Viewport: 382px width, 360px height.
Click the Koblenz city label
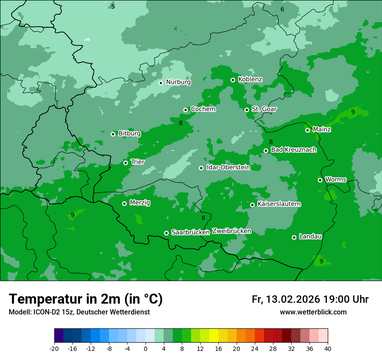pos(250,79)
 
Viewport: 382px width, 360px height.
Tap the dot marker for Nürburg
pos(161,82)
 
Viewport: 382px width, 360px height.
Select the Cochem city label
pos(203,109)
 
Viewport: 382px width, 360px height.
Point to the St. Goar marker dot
pos(247,110)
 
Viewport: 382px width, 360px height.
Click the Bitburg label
pos(129,134)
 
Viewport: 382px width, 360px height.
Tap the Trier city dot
pos(125,163)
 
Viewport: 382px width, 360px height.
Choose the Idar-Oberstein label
pos(228,167)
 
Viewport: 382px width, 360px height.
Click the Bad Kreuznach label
pos(293,150)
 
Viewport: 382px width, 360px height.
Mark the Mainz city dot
pos(307,130)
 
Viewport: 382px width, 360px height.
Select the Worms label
pos(336,180)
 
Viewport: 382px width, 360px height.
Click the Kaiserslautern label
pos(279,204)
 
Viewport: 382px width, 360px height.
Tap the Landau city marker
pos(294,237)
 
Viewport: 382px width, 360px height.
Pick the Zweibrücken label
pos(231,231)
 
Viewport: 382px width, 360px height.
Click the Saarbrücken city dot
pos(166,233)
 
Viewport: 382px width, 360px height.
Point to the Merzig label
pos(140,203)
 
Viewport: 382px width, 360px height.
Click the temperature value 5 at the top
pos(113,7)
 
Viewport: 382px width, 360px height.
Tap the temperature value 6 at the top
pos(282,9)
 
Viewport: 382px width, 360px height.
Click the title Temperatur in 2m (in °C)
pos(86,299)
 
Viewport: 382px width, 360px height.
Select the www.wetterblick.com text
pos(313,312)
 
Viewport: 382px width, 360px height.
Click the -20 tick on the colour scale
pos(54,349)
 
